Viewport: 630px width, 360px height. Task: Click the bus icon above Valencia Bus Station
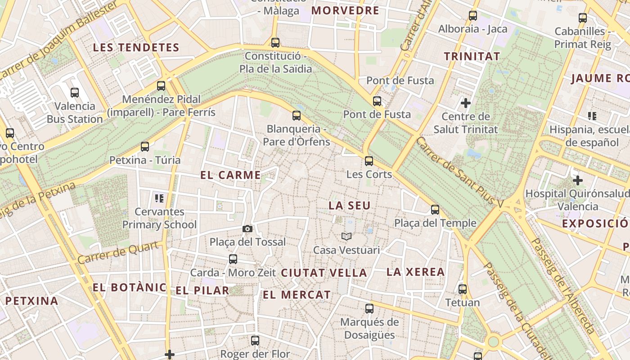pos(75,93)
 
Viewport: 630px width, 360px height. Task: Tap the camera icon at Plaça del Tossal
pos(247,229)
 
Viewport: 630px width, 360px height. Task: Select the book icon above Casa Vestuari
pos(346,236)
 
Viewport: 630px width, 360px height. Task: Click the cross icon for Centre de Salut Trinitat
pos(466,103)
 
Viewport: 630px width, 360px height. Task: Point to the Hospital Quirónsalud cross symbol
pos(578,180)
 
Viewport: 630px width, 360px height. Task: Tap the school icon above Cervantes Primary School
pos(159,198)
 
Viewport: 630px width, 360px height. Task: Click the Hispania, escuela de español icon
pos(592,116)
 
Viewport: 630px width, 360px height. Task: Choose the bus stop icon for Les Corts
pos(369,161)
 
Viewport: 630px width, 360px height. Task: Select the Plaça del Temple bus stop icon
pos(435,209)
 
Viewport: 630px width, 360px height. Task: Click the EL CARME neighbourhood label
pos(230,175)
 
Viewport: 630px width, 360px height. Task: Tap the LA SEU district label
pos(350,206)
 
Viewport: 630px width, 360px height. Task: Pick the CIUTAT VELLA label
pos(324,273)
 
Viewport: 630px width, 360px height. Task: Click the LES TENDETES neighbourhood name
pos(136,47)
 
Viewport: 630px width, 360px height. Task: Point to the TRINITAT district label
pos(472,56)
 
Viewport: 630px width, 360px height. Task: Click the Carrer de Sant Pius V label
pos(459,172)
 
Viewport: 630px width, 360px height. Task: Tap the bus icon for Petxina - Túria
pos(144,147)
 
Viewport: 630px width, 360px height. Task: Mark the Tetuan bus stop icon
pos(463,289)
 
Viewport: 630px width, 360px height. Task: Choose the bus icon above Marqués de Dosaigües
pos(369,308)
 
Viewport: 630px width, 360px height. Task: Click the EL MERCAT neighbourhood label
pos(297,295)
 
